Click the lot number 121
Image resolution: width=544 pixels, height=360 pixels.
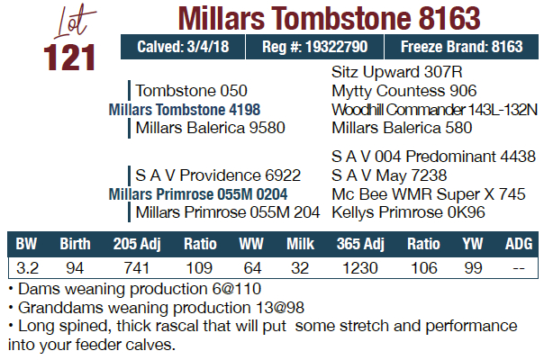click(69, 57)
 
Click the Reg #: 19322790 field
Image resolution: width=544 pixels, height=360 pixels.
click(313, 47)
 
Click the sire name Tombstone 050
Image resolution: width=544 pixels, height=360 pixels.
click(191, 91)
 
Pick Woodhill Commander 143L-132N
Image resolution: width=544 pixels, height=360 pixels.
click(429, 109)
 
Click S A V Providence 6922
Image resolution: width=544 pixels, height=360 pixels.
click(218, 175)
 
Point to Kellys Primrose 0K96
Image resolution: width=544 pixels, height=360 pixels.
click(409, 212)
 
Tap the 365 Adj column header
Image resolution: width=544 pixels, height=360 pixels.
click(360, 244)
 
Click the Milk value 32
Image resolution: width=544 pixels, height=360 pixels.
click(300, 267)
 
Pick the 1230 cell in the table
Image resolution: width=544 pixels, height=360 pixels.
click(360, 267)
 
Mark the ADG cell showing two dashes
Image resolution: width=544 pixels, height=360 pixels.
click(517, 267)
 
